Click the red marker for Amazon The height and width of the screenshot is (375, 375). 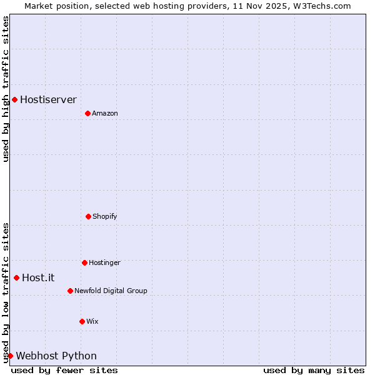click(x=87, y=113)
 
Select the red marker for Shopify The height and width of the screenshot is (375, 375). click(x=88, y=216)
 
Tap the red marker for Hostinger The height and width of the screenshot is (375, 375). click(x=84, y=262)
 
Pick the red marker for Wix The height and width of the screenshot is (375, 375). click(x=82, y=321)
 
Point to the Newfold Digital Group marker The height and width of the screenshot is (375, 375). click(x=70, y=291)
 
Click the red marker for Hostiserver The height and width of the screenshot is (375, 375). click(x=14, y=99)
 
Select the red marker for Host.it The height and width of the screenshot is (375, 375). click(x=16, y=277)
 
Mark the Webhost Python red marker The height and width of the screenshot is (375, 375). click(x=10, y=356)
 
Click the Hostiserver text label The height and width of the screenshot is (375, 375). click(x=48, y=99)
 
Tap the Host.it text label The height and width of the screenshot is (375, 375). click(x=38, y=277)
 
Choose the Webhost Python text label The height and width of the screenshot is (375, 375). click(x=56, y=356)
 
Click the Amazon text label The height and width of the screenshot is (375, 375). click(x=105, y=113)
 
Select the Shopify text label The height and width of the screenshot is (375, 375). click(x=105, y=216)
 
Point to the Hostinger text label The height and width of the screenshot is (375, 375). click(x=104, y=262)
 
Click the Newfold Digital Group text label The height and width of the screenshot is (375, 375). click(x=111, y=291)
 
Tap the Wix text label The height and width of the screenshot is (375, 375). click(x=92, y=321)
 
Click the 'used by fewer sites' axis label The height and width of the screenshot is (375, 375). click(x=64, y=370)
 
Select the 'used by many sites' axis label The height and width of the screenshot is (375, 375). click(x=314, y=370)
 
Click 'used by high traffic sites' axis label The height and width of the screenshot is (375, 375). click(x=6, y=89)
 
